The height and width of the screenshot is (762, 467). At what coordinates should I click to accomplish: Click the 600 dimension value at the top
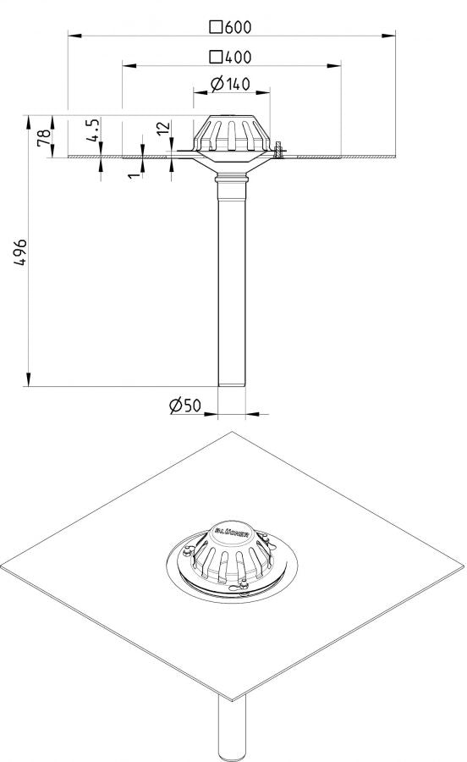pyautogui.click(x=239, y=26)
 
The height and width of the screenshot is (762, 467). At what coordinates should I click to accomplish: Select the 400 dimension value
pyautogui.click(x=239, y=58)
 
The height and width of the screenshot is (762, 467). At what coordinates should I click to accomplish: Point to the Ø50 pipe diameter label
pyautogui.click(x=185, y=406)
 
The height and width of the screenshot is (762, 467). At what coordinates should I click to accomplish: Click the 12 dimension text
pyautogui.click(x=164, y=130)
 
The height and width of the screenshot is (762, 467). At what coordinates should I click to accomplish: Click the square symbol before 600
pyautogui.click(x=216, y=26)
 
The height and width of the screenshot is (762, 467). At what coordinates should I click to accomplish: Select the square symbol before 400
pyautogui.click(x=216, y=58)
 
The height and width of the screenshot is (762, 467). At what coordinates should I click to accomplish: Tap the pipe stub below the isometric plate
pyautogui.click(x=232, y=728)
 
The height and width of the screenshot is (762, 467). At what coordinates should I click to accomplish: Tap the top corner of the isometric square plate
pyautogui.click(x=232, y=432)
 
